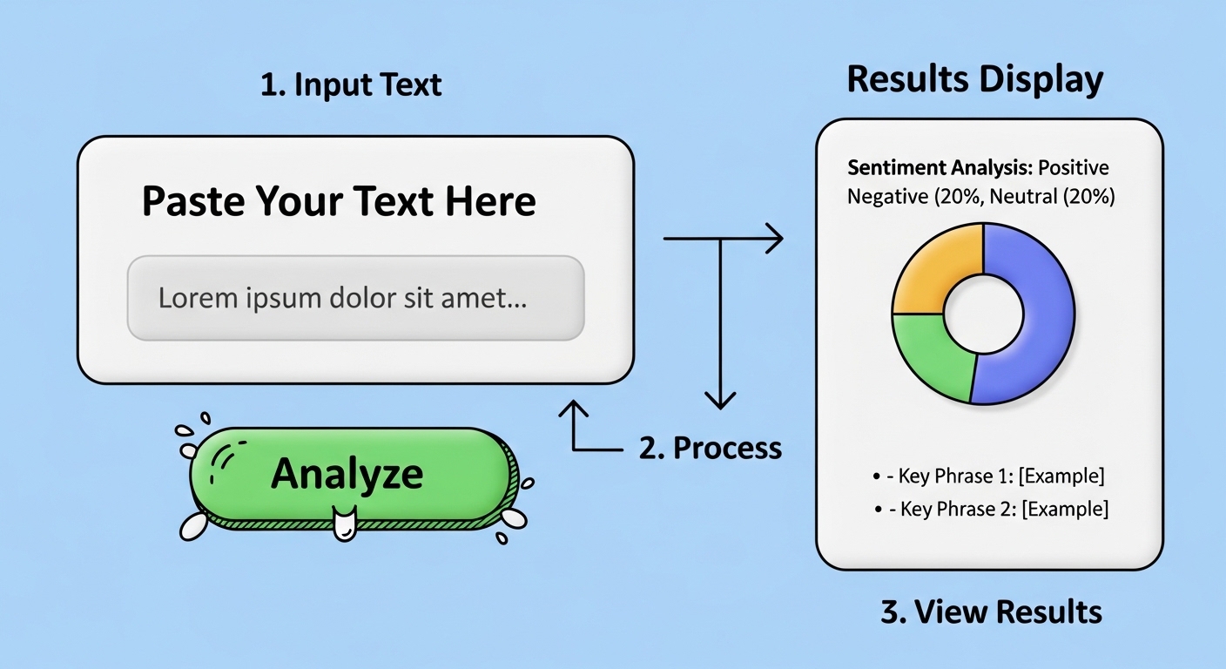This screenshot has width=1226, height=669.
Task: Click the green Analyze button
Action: (348, 475)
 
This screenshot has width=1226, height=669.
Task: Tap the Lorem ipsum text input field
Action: (355, 298)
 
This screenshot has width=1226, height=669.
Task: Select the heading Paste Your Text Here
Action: (339, 202)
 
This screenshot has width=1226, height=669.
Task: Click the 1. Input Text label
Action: (351, 85)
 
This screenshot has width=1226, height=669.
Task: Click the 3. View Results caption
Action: (991, 612)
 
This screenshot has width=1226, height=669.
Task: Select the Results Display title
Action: (974, 79)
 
